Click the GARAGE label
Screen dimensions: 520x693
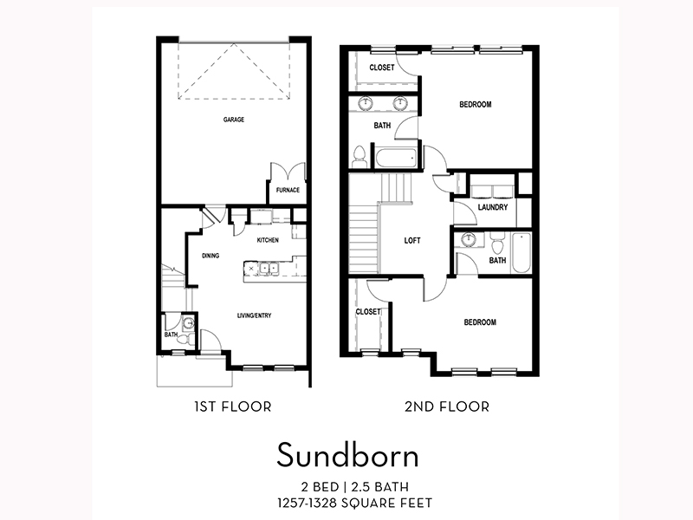(x=233, y=120)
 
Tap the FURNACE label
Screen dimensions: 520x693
(x=288, y=191)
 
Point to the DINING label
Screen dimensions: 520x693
(x=210, y=256)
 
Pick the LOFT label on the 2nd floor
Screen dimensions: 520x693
(x=412, y=240)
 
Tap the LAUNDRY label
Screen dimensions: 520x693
(x=492, y=207)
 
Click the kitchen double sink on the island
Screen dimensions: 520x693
(x=264, y=269)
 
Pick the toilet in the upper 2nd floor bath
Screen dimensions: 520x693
(x=359, y=156)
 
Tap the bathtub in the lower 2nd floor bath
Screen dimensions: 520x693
(x=520, y=253)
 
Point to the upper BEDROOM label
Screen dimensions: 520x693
(x=475, y=105)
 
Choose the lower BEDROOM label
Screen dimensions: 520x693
(x=480, y=322)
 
